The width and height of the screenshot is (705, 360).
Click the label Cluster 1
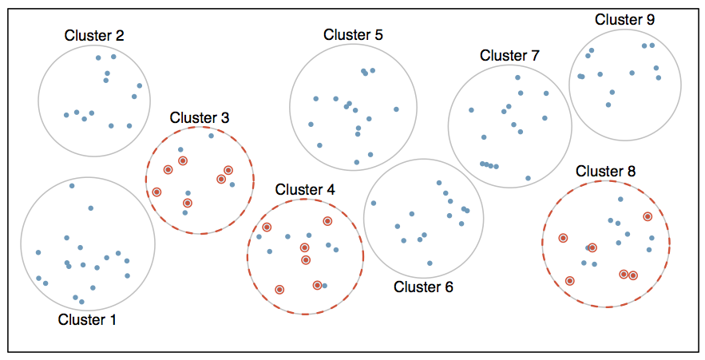tap(87, 320)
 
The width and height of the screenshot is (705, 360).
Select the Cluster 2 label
tap(94, 35)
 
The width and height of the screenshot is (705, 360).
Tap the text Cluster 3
tap(200, 117)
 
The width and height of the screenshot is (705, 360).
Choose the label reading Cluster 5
tap(353, 34)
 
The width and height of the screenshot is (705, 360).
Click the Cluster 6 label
tap(423, 287)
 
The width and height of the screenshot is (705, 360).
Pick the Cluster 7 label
tap(509, 55)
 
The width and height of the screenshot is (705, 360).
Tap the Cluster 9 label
tap(624, 19)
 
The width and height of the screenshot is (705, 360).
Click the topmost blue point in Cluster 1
tap(72, 186)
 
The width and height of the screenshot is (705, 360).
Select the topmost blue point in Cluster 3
tap(211, 136)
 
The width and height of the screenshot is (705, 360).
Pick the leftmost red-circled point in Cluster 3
tap(156, 192)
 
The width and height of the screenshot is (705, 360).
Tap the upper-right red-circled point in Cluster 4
tap(327, 221)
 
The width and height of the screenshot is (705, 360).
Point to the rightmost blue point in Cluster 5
tap(395, 109)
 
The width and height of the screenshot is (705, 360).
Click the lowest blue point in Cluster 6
tap(430, 263)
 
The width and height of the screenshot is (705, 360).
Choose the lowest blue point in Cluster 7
tap(528, 178)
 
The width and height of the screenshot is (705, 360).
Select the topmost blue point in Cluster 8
tap(620, 199)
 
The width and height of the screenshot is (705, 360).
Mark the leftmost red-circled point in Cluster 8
tap(563, 238)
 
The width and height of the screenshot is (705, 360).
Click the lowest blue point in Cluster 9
tap(608, 105)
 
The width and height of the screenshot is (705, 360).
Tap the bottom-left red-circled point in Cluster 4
tap(279, 289)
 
